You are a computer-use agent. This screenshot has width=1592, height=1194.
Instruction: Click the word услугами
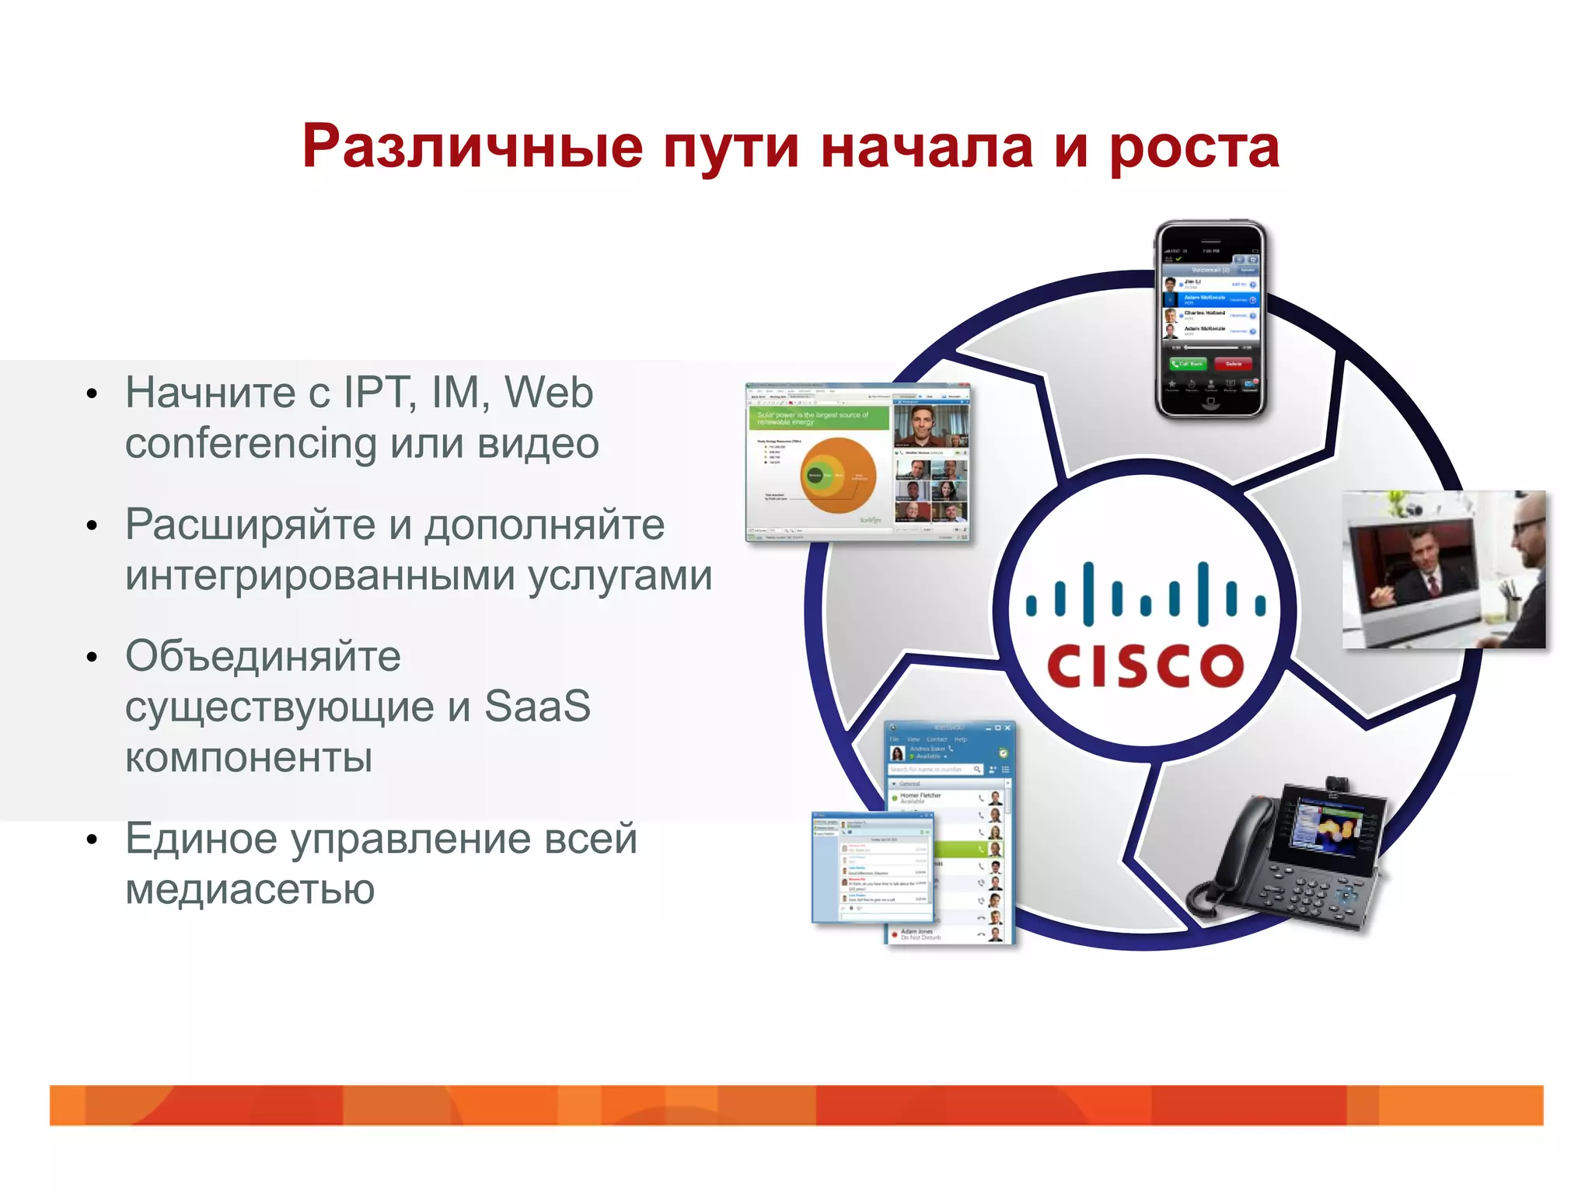pyautogui.click(x=620, y=576)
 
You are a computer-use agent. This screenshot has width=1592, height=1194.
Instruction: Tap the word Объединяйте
pyautogui.click(x=263, y=656)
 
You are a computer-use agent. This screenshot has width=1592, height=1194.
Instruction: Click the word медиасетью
pyautogui.click(x=250, y=889)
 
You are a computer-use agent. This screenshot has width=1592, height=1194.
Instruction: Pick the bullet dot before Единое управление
pyautogui.click(x=93, y=840)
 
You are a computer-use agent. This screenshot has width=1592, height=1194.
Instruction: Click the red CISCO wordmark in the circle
pyautogui.click(x=1145, y=666)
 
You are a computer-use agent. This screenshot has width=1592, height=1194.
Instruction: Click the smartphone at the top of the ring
pyautogui.click(x=1210, y=319)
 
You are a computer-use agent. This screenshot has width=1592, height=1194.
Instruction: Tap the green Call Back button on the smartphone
pyautogui.click(x=1189, y=364)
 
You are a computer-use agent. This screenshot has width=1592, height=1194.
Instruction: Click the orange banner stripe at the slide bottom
pyautogui.click(x=796, y=1105)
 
